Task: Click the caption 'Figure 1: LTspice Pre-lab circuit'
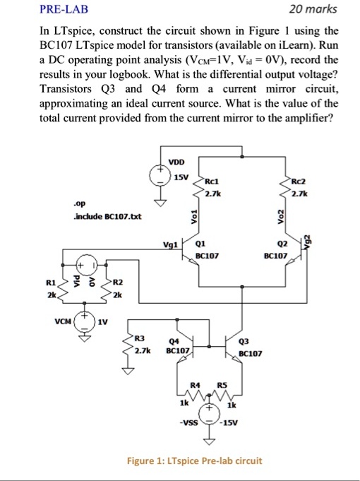193,461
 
